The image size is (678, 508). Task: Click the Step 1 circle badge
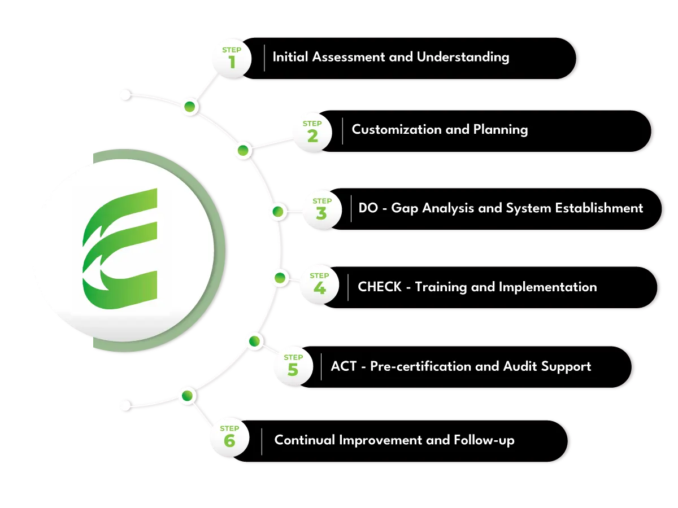pyautogui.click(x=232, y=58)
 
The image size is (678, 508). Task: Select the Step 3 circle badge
pyautogui.click(x=321, y=209)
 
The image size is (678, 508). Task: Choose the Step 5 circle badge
pyautogui.click(x=293, y=365)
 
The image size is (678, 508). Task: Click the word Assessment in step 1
pyautogui.click(x=344, y=57)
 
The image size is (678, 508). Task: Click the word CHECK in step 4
pyautogui.click(x=380, y=287)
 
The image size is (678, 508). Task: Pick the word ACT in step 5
pyautogui.click(x=344, y=366)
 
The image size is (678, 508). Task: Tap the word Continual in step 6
pyautogui.click(x=305, y=440)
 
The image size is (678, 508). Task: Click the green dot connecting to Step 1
pyautogui.click(x=189, y=106)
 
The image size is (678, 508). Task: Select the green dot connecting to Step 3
pyautogui.click(x=277, y=212)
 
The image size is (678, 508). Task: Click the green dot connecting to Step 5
pyautogui.click(x=254, y=341)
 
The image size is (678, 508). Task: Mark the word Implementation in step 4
pyautogui.click(x=547, y=287)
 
